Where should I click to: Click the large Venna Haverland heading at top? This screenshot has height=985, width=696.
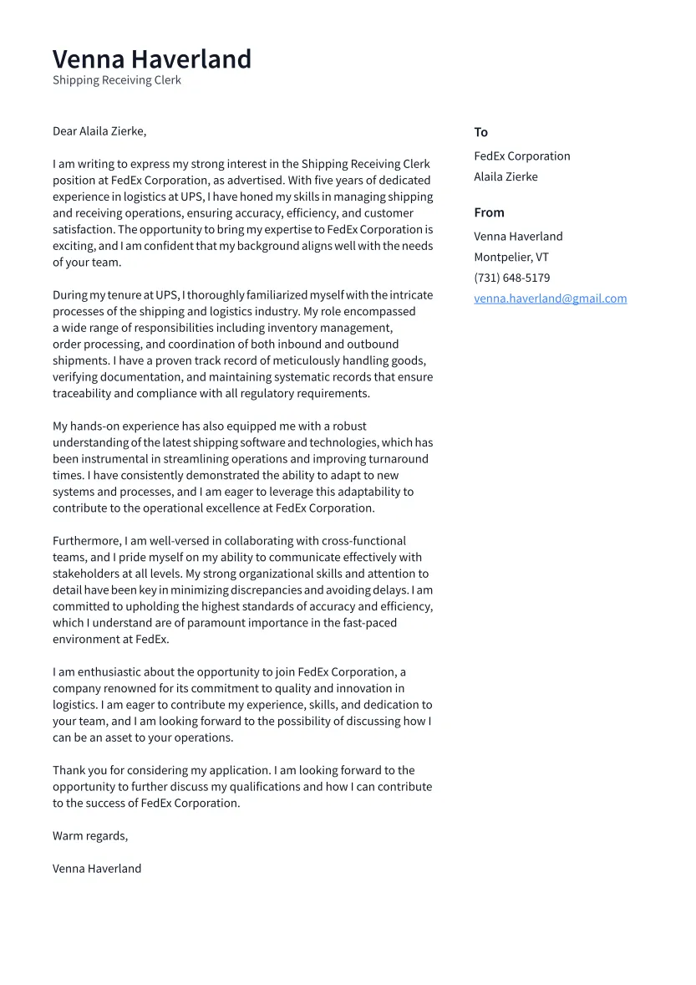[151, 59]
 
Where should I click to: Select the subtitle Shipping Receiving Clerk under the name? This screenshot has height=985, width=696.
[116, 80]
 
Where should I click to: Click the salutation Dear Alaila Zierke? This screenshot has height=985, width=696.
[99, 131]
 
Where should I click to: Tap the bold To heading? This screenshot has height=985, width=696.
[480, 132]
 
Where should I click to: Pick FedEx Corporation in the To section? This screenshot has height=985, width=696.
[521, 156]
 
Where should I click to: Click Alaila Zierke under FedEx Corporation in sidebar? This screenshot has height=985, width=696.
[505, 176]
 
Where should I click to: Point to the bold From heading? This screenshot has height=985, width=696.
[489, 212]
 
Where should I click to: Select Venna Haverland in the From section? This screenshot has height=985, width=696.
[518, 237]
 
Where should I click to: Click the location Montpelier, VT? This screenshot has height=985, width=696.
[511, 258]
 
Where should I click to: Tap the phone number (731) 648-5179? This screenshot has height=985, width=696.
[511, 278]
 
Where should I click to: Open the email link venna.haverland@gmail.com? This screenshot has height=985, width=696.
[550, 299]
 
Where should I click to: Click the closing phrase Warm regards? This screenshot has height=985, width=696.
[89, 836]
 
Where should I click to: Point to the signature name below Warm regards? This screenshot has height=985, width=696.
[97, 869]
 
